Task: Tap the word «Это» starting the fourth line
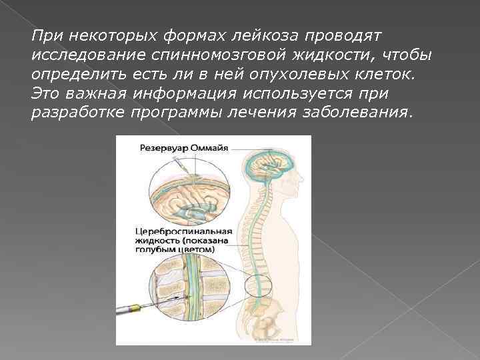[44, 93]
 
